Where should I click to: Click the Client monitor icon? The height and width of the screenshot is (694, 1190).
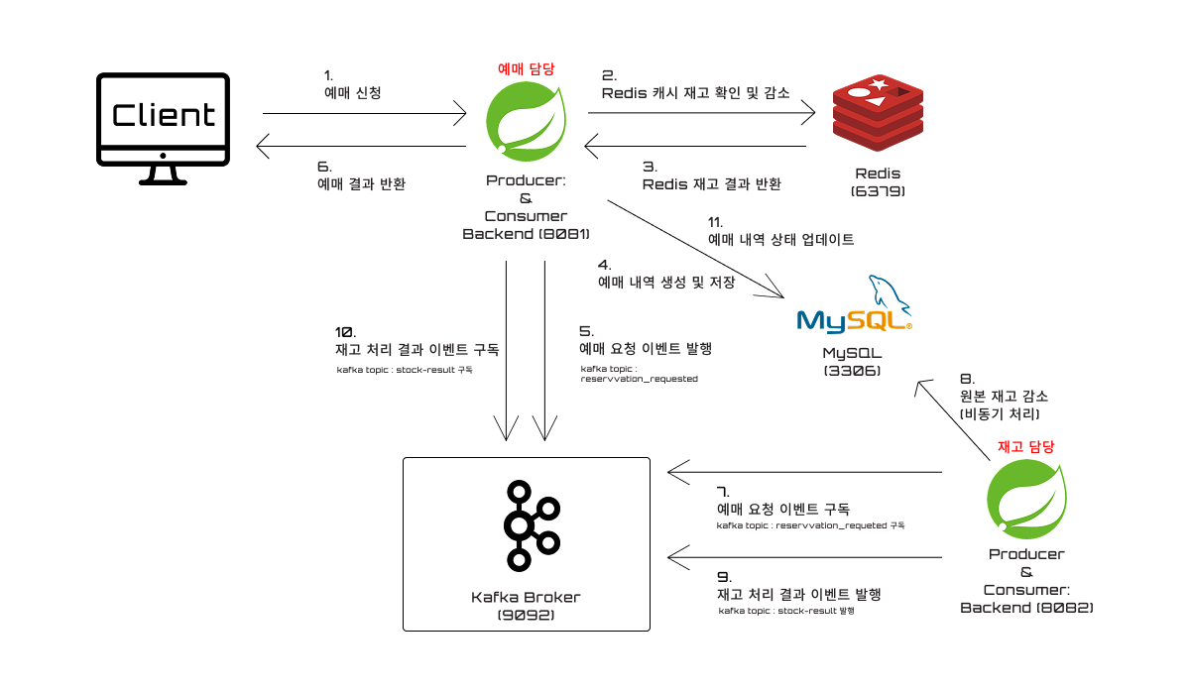(x=163, y=129)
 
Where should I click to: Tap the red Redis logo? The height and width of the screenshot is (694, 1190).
(x=878, y=113)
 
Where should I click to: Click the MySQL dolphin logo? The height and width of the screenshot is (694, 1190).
(x=854, y=304)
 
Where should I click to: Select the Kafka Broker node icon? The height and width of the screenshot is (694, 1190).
(x=532, y=525)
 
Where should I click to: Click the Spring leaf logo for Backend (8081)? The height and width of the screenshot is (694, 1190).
(x=526, y=122)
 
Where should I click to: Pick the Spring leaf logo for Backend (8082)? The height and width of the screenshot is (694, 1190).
(x=1027, y=499)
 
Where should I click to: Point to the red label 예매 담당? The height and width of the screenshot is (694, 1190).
(x=526, y=68)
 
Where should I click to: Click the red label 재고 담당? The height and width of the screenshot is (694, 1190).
(x=1025, y=446)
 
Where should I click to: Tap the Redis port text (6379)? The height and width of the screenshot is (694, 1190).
(x=878, y=191)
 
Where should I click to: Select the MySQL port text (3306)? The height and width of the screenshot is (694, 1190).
(x=852, y=371)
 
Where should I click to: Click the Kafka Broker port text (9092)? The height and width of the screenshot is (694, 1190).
(x=526, y=615)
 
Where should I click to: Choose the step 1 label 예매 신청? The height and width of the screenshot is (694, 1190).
(x=353, y=93)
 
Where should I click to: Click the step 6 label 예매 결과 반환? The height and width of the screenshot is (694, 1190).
(x=361, y=184)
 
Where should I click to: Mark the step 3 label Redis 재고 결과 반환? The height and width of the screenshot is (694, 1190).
(x=712, y=184)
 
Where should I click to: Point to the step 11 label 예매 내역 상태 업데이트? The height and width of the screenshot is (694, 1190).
(x=781, y=240)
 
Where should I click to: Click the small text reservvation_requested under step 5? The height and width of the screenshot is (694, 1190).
(x=639, y=379)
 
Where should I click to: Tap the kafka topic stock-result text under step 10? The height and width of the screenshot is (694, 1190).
(x=405, y=370)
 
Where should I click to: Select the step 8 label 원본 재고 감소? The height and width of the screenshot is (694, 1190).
(x=1004, y=397)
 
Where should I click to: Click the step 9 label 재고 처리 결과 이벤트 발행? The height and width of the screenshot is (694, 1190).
(x=799, y=594)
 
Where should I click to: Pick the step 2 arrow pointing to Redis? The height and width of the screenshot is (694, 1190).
(x=701, y=113)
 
